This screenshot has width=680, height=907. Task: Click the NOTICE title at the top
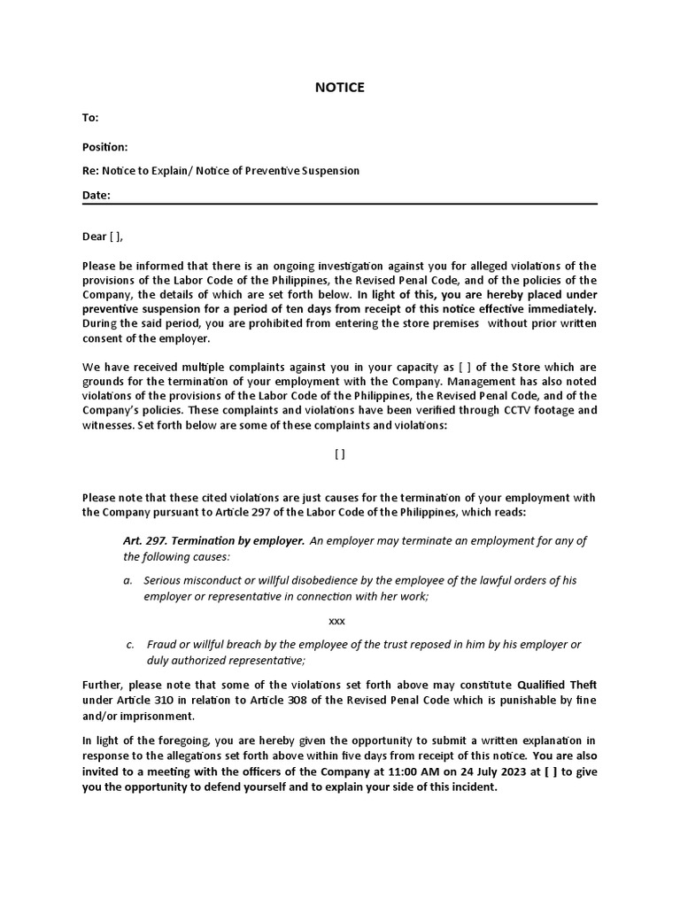click(x=340, y=87)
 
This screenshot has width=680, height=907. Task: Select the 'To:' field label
click(x=90, y=118)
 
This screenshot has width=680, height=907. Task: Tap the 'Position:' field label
click(x=105, y=146)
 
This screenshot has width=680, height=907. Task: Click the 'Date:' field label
click(x=96, y=196)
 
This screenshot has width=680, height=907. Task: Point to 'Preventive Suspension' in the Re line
click(x=306, y=170)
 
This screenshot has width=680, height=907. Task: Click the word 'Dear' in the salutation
click(x=94, y=236)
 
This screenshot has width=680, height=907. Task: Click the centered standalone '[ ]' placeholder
click(x=340, y=453)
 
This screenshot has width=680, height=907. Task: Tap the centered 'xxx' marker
click(x=336, y=621)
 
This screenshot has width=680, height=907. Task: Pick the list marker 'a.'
click(x=128, y=580)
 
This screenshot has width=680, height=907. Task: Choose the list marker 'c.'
click(x=131, y=644)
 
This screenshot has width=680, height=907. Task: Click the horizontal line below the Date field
click(x=340, y=205)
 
